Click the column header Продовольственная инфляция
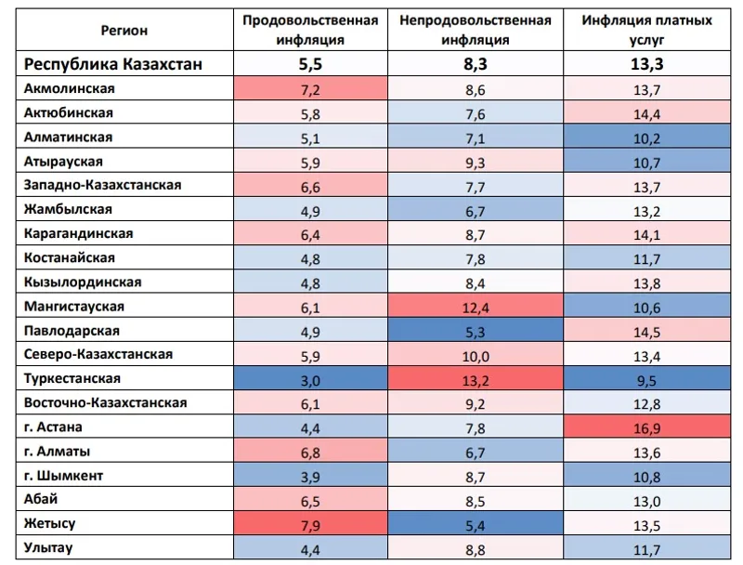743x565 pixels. click(x=309, y=30)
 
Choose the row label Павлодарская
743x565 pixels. click(x=72, y=330)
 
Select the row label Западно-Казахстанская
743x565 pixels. click(x=102, y=185)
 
